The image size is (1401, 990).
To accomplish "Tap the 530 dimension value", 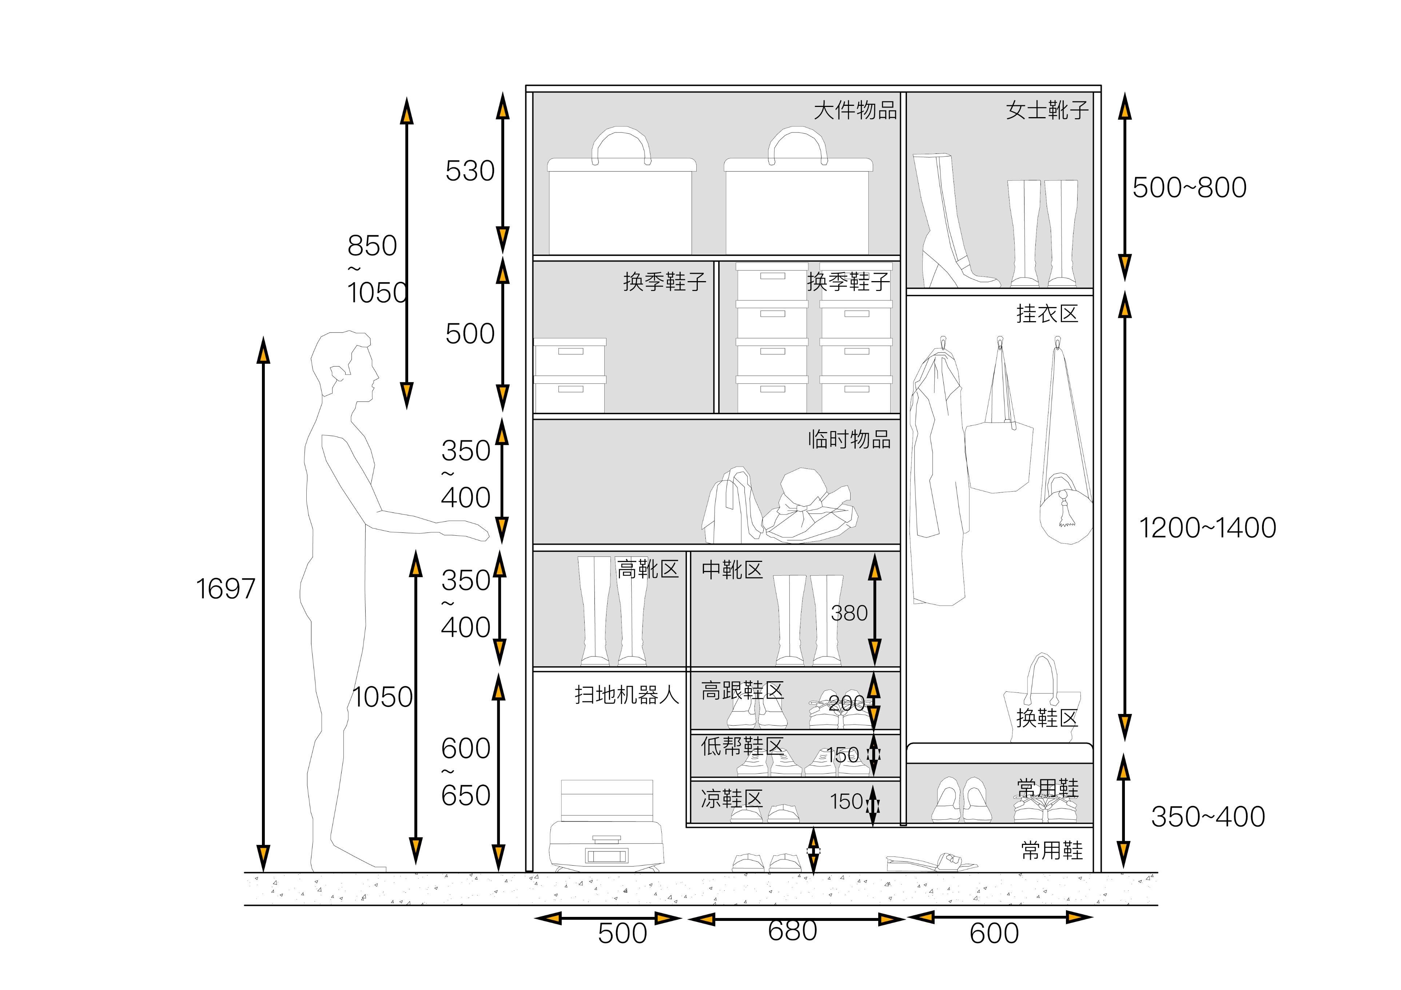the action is click(x=470, y=171).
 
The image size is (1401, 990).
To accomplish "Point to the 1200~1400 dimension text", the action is click(x=1207, y=528).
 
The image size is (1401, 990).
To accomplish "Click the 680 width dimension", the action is click(x=792, y=931).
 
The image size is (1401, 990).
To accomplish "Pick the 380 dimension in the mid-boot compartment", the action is click(x=849, y=613).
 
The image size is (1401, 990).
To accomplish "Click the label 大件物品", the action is click(x=856, y=111).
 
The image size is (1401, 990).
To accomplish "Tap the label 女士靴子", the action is click(x=1047, y=111).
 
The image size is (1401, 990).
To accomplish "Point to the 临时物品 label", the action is click(x=849, y=439).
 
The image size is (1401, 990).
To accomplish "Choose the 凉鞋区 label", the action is click(x=732, y=798).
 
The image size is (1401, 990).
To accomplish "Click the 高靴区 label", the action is click(x=648, y=569).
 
